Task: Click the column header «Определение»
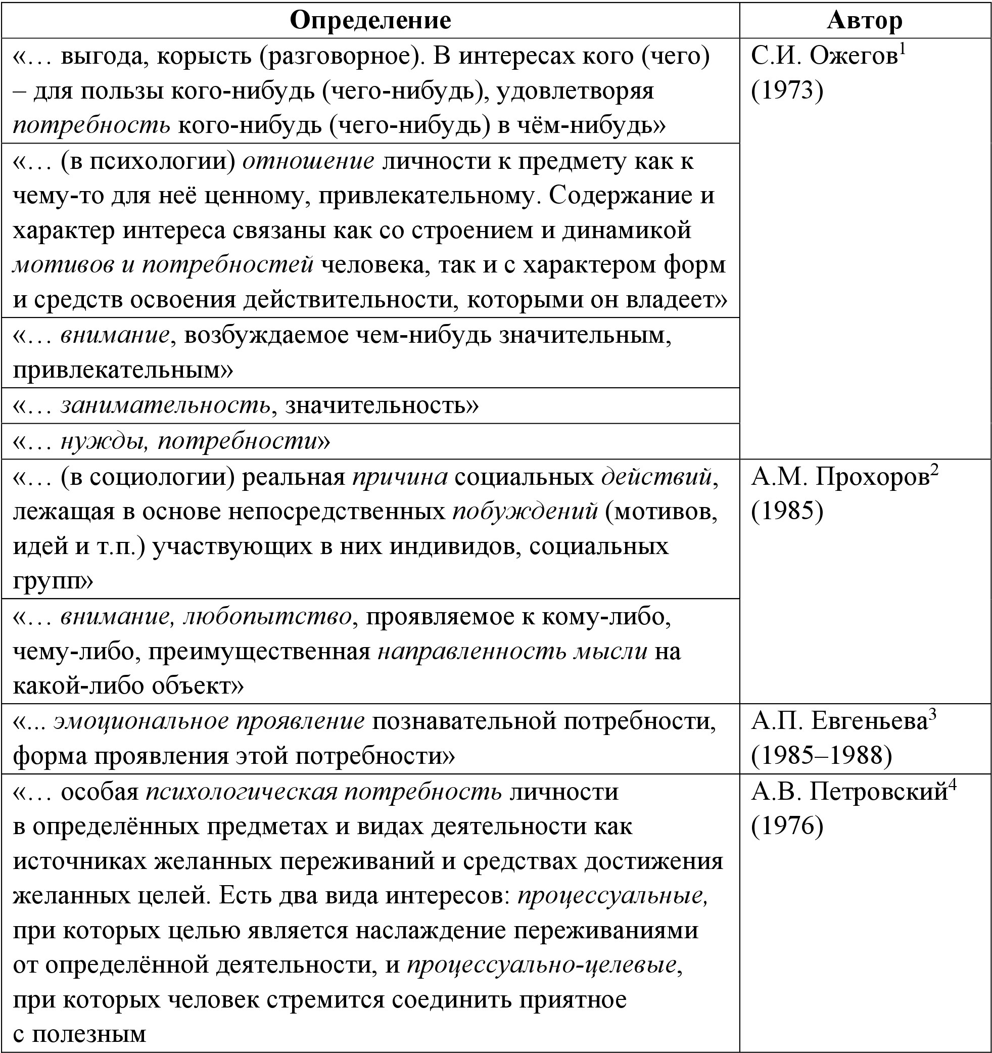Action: (370, 20)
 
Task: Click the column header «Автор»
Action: (864, 20)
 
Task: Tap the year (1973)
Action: (787, 90)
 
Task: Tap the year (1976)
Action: (787, 826)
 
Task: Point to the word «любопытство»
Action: (267, 617)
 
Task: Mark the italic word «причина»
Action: (400, 477)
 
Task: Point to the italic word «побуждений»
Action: (525, 512)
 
